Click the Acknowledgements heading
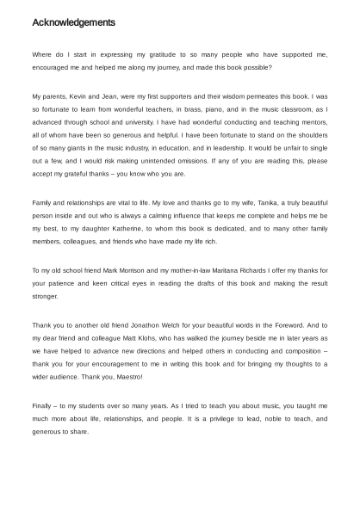point(74,22)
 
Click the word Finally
point(43,406)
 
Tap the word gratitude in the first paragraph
point(158,54)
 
